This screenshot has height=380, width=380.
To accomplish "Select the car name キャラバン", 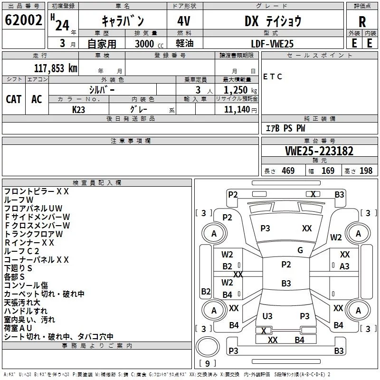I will pos(123,21).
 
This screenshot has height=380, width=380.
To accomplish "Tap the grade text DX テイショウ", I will pos(273,21).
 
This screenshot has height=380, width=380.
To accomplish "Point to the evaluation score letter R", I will pos(362,22).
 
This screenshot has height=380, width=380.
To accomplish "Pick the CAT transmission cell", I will pos(13,99).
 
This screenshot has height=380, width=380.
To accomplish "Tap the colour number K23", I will pos(79,109).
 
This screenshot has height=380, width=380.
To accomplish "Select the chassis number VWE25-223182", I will pos(319,152).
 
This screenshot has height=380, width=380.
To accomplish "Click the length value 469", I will pos(288,171).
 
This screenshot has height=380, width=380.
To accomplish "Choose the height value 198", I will pos(366,171).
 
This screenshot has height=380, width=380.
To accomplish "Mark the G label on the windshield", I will pos(300,250).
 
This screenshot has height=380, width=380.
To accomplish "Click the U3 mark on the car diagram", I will pos(267,316).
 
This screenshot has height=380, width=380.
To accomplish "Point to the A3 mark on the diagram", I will pos(344,266).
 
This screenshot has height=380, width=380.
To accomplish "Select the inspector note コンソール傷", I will pos(26,285).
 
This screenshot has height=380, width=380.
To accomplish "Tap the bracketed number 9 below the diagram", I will pos(207,364).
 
